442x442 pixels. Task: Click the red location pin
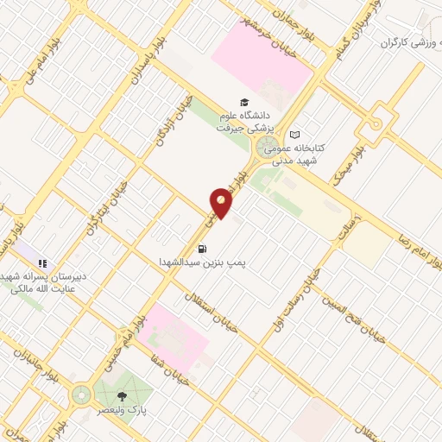click(x=221, y=202)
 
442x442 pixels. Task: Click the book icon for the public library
click(x=295, y=135)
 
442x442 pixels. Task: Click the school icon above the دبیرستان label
click(x=43, y=262)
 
